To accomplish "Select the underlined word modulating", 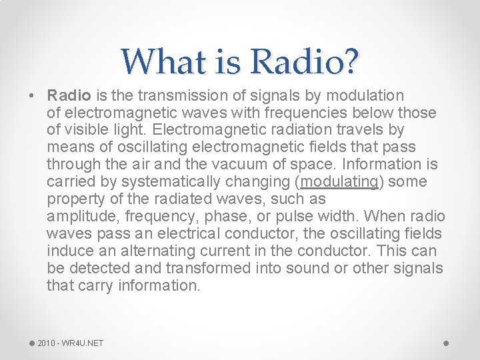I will point(339,182).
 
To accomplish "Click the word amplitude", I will point(77,217).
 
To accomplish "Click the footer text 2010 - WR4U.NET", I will point(71,343).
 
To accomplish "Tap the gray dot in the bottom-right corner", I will point(446,343).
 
